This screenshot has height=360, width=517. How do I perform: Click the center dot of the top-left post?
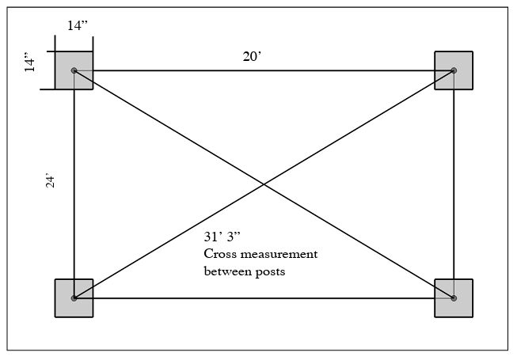[74, 70]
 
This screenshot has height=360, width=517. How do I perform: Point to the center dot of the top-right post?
[454, 70]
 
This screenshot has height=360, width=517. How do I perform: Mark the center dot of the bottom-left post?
[74, 298]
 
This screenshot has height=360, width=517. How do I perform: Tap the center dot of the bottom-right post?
[454, 298]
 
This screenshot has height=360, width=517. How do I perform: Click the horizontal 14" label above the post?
[78, 25]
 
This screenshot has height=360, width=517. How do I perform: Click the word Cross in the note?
[219, 255]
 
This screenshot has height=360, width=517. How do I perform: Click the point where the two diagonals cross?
[264, 184]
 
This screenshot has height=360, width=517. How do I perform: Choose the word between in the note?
[225, 271]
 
